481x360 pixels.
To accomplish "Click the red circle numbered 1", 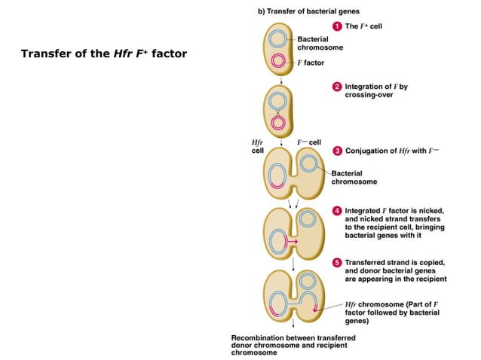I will [x=338, y=26].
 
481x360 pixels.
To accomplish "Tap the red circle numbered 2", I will [x=338, y=87].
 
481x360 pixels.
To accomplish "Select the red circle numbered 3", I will [x=338, y=151].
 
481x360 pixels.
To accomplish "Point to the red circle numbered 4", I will [x=338, y=210].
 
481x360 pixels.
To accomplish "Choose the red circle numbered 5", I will [x=338, y=261].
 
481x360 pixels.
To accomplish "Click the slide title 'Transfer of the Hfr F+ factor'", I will [x=103, y=54].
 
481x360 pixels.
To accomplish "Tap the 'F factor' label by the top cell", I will [x=311, y=63].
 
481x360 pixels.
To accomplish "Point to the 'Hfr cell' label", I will [x=257, y=146].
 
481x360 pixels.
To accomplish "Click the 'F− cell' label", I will [x=308, y=142].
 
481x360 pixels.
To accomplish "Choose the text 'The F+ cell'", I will [x=364, y=26].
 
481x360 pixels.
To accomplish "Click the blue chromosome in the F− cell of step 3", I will [x=308, y=163].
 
